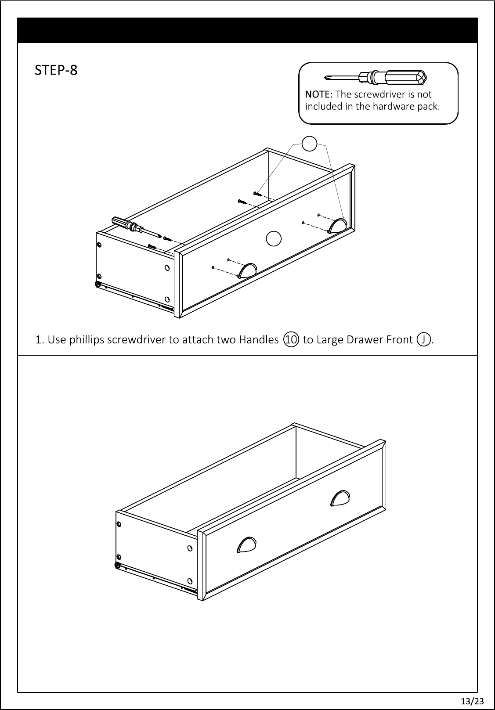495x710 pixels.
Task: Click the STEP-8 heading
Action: point(56,70)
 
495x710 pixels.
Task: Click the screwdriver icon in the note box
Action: point(376,77)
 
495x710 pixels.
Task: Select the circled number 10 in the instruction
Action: point(291,339)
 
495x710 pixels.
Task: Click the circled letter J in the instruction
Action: point(424,339)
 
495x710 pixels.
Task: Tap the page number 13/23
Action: point(473,701)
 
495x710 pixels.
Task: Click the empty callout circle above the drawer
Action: point(309,144)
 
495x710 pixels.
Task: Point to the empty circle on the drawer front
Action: point(274,239)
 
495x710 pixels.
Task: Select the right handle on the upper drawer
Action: point(337,226)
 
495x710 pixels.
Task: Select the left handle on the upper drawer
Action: point(247,270)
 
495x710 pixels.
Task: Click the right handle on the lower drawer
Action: point(340,498)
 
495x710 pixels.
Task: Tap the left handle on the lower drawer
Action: point(246,544)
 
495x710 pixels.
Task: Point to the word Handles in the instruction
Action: point(258,339)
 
